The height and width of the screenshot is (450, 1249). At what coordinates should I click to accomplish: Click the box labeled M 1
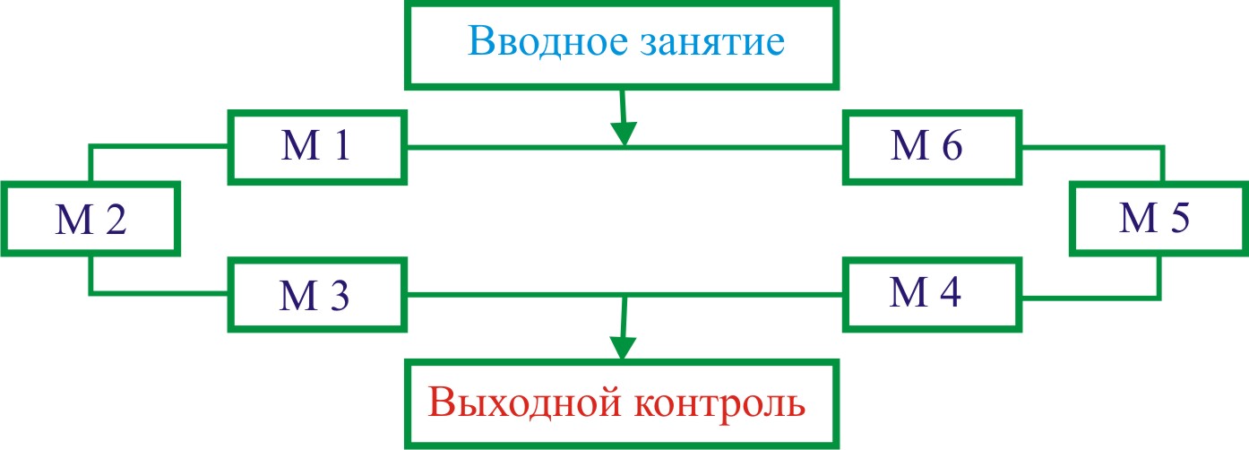tap(317, 148)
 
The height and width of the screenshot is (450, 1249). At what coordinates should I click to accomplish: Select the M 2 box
tap(90, 220)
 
